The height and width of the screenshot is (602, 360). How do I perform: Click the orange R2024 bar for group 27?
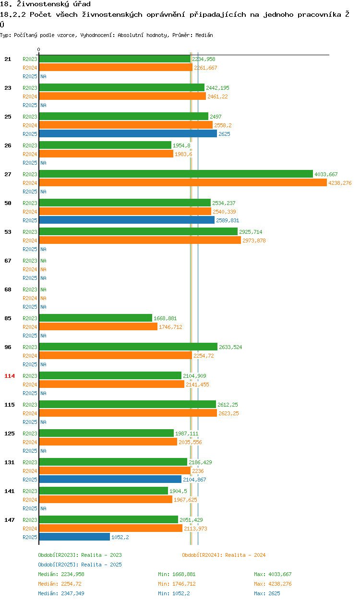(182, 183)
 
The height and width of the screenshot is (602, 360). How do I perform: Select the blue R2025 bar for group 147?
(74, 537)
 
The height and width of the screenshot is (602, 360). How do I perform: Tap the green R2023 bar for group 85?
(96, 318)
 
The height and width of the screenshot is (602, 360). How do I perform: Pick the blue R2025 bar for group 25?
(128, 134)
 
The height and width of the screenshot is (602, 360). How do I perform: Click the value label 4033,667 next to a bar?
(326, 174)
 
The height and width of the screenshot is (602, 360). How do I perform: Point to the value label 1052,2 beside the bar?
(120, 537)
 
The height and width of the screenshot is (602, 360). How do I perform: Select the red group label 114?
(10, 376)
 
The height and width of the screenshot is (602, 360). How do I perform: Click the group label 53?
(8, 232)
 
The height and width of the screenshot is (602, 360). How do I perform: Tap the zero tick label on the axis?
(39, 49)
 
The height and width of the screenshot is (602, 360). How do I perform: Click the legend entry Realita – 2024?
(224, 555)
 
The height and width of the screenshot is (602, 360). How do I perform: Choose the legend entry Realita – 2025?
(80, 565)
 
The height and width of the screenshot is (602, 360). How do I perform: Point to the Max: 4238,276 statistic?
(273, 584)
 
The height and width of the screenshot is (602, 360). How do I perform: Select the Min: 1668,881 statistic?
(177, 574)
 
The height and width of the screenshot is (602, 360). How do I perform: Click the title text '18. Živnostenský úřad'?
(45, 4)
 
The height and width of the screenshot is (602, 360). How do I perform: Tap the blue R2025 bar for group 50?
(127, 220)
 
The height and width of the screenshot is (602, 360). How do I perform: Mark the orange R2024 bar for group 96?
(115, 356)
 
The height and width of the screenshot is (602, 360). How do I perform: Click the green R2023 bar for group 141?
(103, 491)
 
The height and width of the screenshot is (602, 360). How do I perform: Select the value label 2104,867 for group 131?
(194, 480)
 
